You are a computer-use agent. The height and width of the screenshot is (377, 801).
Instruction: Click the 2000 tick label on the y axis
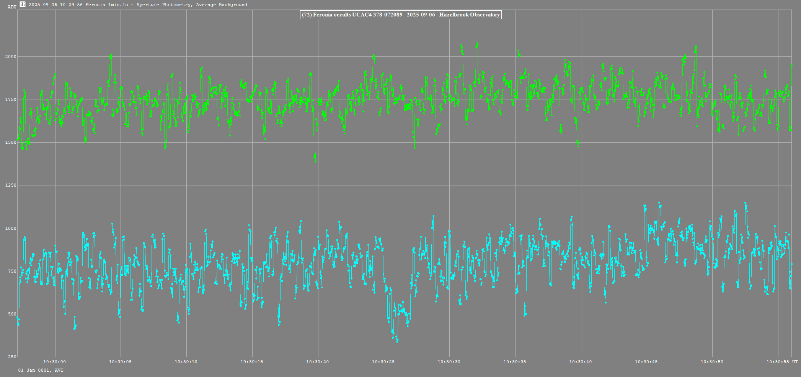pyautogui.click(x=11, y=57)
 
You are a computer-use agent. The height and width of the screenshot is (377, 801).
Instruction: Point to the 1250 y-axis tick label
pyautogui.click(x=11, y=185)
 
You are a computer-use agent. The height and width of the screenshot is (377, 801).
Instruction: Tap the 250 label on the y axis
pyautogui.click(x=12, y=357)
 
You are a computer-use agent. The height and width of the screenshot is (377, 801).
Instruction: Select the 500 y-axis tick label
pyautogui.click(x=12, y=314)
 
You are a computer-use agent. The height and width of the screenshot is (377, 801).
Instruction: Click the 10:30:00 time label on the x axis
pyautogui.click(x=54, y=362)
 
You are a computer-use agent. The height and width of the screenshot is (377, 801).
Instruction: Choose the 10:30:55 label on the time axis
pyautogui.click(x=777, y=362)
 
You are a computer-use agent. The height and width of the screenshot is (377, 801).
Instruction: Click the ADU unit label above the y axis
pyautogui.click(x=12, y=7)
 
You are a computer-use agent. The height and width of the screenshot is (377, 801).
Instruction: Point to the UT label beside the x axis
pyautogui.click(x=795, y=362)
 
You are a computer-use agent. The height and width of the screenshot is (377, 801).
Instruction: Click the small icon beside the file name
pyautogui.click(x=23, y=5)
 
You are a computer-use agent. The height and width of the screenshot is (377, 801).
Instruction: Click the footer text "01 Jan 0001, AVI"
pyautogui.click(x=41, y=370)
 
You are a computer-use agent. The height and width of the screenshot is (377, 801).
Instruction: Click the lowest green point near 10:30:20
pyautogui.click(x=315, y=161)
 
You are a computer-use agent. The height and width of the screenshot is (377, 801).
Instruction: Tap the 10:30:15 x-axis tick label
pyautogui.click(x=252, y=362)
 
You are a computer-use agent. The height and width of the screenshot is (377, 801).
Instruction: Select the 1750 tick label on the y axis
pyautogui.click(x=11, y=99)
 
